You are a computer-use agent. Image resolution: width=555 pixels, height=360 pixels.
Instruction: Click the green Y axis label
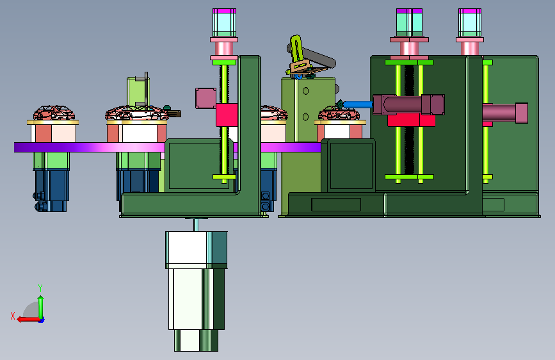(x=40, y=288)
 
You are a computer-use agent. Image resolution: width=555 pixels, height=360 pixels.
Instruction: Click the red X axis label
(x=13, y=316)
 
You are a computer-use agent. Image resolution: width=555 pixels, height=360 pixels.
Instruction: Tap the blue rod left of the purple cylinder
(x=357, y=104)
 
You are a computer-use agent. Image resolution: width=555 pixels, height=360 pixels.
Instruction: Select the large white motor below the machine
(x=196, y=291)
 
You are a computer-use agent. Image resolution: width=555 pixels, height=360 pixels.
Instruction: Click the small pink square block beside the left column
(x=205, y=98)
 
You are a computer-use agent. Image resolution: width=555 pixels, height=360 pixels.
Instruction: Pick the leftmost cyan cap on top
(x=224, y=22)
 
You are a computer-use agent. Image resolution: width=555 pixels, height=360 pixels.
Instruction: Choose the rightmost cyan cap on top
(x=470, y=22)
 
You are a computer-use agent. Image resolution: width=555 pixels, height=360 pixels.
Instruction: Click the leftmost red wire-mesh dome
(x=54, y=113)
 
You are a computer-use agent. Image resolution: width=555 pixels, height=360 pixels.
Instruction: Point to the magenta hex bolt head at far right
(x=521, y=113)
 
